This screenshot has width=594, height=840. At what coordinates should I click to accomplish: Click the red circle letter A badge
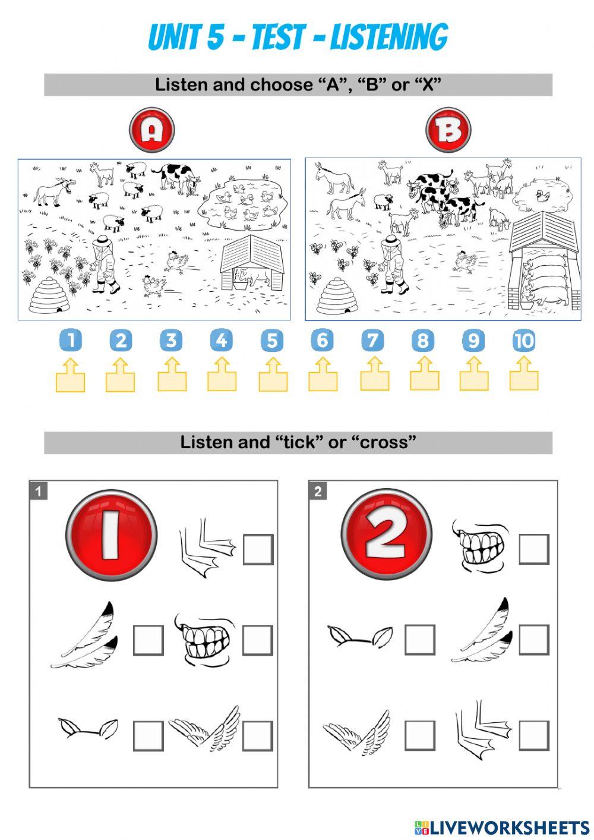click(x=152, y=130)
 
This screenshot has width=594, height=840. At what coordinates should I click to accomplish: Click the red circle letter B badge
click(x=448, y=130)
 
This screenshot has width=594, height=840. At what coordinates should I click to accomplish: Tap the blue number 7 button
click(x=372, y=341)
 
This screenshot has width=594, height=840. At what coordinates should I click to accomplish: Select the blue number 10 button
click(x=524, y=341)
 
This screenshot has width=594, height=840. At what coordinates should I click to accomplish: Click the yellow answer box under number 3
click(x=172, y=375)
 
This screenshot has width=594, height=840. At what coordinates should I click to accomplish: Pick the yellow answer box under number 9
click(x=474, y=375)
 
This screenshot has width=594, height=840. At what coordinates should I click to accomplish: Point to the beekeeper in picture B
click(x=393, y=263)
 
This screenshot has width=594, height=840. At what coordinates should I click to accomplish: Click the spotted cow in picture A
click(x=176, y=178)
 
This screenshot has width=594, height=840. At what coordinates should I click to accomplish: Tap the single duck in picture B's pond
click(x=542, y=195)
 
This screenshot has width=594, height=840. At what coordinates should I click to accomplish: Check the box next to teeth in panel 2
click(x=533, y=549)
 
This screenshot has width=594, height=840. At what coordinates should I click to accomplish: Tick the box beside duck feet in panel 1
click(x=258, y=550)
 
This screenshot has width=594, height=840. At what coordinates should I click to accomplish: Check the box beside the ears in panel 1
click(x=148, y=736)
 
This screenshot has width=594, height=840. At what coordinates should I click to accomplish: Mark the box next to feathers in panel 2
click(x=533, y=640)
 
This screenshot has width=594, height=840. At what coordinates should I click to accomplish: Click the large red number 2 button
click(x=386, y=534)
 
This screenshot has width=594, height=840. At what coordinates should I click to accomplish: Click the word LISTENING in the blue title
click(x=389, y=37)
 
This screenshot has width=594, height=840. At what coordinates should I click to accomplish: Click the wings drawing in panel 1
click(x=204, y=729)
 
